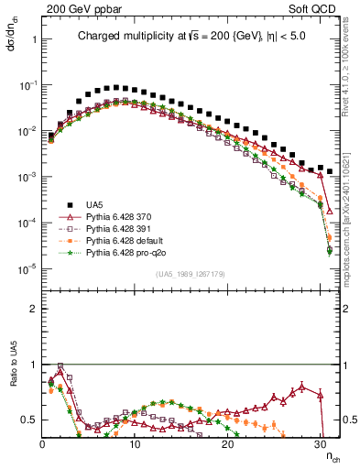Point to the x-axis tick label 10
(x=135, y=444)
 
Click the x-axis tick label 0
(x=43, y=444)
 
